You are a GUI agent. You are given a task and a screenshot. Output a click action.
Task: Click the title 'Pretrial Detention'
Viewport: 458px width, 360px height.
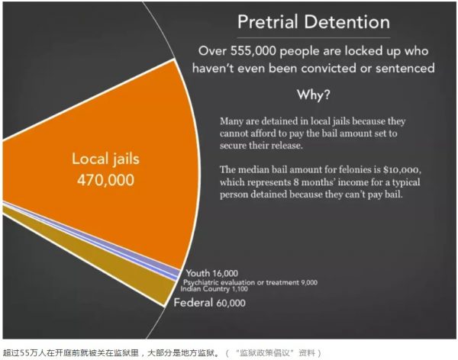tap(314, 22)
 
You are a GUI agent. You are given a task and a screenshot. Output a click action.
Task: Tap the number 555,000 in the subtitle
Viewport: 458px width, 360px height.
tap(253, 51)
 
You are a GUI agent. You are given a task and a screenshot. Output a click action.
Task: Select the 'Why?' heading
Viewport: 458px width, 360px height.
tap(314, 95)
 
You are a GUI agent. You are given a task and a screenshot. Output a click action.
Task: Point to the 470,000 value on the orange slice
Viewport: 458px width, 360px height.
tap(106, 180)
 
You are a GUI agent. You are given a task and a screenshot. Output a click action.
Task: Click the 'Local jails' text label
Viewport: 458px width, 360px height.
tap(106, 159)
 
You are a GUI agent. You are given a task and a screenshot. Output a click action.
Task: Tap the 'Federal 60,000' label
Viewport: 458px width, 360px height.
tap(209, 303)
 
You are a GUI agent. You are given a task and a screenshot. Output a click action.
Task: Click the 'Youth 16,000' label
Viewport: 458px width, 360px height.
tap(212, 273)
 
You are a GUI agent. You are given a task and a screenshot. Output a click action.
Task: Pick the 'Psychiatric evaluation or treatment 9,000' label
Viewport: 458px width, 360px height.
tap(250, 282)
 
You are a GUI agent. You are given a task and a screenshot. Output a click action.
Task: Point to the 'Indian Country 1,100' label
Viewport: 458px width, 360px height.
tap(214, 289)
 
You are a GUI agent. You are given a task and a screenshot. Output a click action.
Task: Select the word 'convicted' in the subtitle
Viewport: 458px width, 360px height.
tap(328, 69)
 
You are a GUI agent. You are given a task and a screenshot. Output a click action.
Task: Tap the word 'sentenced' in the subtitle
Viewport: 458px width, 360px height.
tap(405, 69)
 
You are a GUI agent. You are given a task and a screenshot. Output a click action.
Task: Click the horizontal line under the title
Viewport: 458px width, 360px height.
tap(314, 37)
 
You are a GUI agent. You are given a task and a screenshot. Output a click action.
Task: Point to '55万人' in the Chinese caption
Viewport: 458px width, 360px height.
tap(33, 353)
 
